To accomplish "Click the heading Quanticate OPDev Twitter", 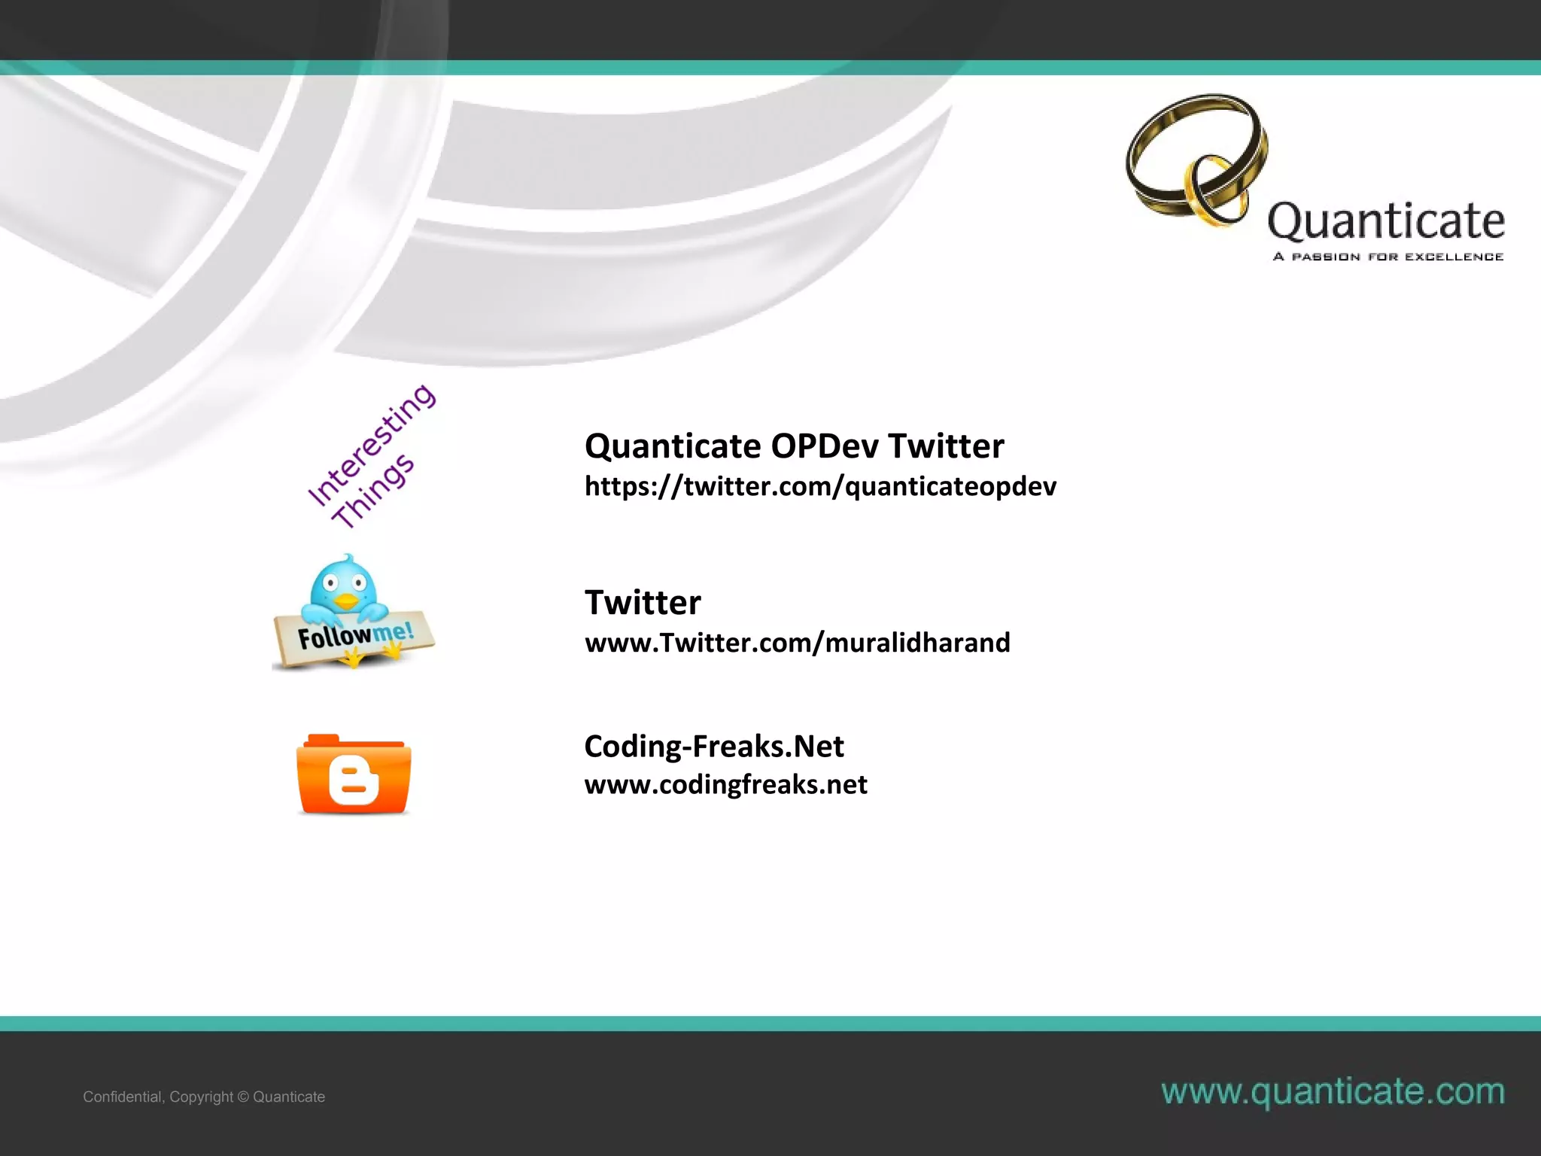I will click(794, 446).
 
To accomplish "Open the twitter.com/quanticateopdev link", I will click(820, 487).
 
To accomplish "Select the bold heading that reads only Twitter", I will click(643, 603).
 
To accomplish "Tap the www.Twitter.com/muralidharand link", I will click(798, 643).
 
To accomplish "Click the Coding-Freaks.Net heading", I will click(714, 747).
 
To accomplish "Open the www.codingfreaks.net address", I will click(725, 785).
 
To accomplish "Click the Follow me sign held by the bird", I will click(354, 637).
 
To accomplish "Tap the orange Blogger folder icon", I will click(354, 774).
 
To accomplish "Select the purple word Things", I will click(374, 491).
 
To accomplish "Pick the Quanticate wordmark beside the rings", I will click(1386, 221).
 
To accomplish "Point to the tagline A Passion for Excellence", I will click(1388, 257).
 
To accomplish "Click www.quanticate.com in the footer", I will click(1333, 1091).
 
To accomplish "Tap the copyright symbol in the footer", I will click(243, 1097).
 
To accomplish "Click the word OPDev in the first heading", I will click(825, 446).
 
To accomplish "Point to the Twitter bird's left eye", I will click(330, 582).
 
